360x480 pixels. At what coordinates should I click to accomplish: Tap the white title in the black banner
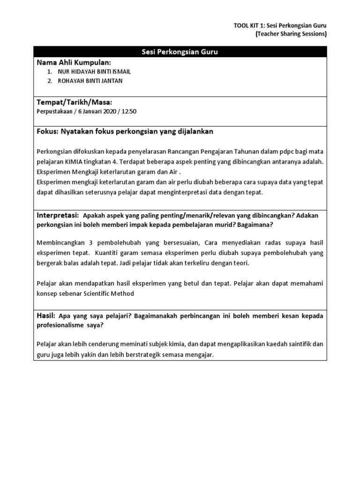pos(180,52)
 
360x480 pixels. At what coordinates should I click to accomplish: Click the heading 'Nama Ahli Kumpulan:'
pos(74,62)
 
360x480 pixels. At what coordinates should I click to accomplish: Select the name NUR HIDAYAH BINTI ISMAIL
pos(94,72)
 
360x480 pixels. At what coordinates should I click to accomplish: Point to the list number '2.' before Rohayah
pos(50,81)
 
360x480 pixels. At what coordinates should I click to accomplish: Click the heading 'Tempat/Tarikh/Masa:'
pos(74,102)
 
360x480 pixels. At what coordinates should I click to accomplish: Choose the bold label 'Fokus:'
pos(46,132)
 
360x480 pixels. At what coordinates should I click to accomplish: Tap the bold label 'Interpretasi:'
pos(58,215)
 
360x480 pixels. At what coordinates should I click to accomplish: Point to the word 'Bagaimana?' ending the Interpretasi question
pos(257,225)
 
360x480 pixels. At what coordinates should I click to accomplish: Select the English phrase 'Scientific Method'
pos(110,293)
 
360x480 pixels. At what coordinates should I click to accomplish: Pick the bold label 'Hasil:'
pos(45,316)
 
